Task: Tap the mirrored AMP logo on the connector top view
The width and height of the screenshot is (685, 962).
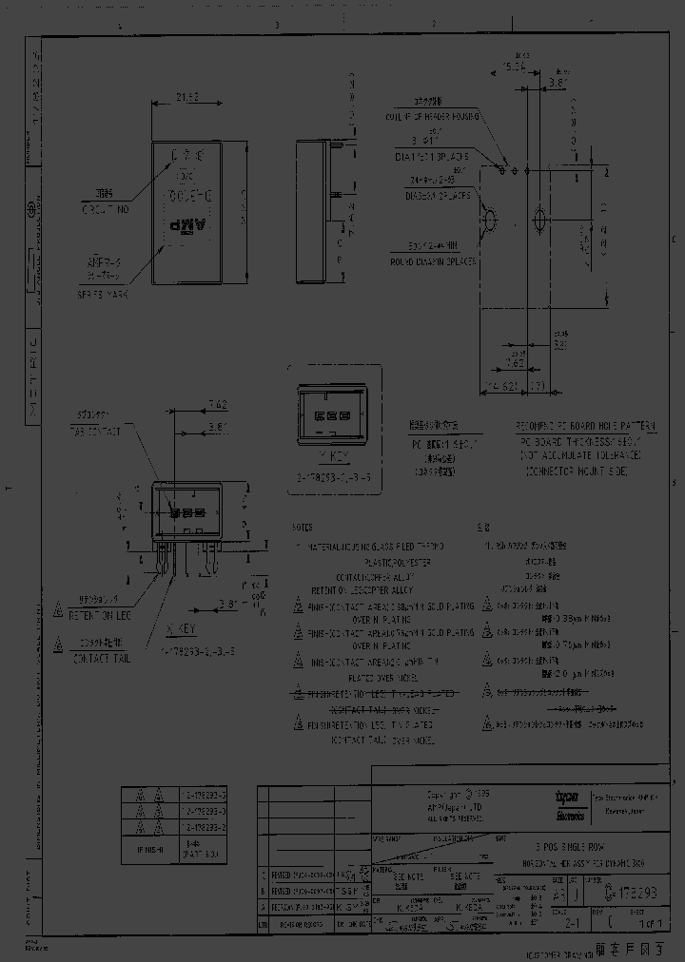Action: (186, 228)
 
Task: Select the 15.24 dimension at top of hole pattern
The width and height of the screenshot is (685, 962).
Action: (514, 67)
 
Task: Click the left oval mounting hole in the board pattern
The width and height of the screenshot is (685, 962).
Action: (492, 221)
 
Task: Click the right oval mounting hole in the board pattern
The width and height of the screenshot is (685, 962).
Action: (538, 221)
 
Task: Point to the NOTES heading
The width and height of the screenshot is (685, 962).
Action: (303, 526)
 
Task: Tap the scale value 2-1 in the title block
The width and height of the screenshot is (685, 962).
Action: (570, 921)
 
